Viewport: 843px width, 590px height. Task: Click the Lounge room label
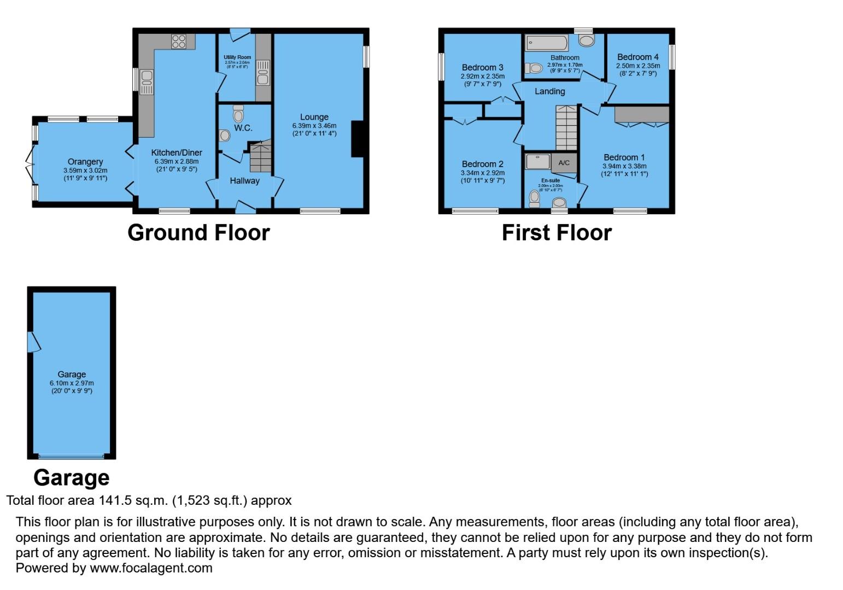314,117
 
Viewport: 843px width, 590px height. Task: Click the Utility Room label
237,57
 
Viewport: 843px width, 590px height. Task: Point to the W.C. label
243,128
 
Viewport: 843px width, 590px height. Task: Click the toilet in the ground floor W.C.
238,115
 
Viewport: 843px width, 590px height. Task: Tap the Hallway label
244,181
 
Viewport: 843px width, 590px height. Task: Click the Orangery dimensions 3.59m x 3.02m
85,170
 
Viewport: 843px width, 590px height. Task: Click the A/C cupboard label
564,163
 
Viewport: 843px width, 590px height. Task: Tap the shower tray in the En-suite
538,161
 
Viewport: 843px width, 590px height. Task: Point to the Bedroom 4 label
637,57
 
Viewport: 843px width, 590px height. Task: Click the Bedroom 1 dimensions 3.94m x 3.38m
624,166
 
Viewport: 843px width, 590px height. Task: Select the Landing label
549,91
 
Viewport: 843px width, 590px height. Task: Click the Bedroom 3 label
482,68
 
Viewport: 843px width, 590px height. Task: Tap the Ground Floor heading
198,233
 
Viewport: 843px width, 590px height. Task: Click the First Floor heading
557,233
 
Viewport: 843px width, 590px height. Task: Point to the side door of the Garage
33,342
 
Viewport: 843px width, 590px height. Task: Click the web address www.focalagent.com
151,568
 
